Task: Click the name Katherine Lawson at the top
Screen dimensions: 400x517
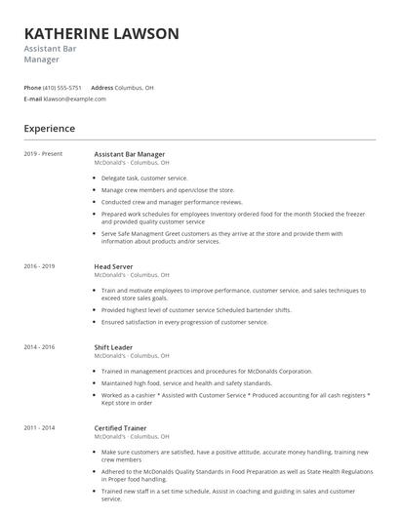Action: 101,33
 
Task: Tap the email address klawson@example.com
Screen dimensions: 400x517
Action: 74,99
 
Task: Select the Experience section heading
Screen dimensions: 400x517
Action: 50,128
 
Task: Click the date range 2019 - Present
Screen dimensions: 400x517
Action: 42,154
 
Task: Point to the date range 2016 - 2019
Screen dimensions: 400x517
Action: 40,266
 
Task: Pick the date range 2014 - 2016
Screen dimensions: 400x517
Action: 40,346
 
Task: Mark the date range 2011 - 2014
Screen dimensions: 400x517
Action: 40,427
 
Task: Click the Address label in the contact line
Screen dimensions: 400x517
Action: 102,88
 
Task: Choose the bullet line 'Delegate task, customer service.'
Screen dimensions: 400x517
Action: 144,179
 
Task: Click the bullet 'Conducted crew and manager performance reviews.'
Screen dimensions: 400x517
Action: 171,202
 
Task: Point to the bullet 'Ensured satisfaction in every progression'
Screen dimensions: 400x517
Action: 184,322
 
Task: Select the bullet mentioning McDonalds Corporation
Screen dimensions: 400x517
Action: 207,371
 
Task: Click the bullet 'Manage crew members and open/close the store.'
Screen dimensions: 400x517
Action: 168,190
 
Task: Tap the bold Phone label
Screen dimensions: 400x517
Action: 32,88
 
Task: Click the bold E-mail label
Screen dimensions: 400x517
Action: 33,99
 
